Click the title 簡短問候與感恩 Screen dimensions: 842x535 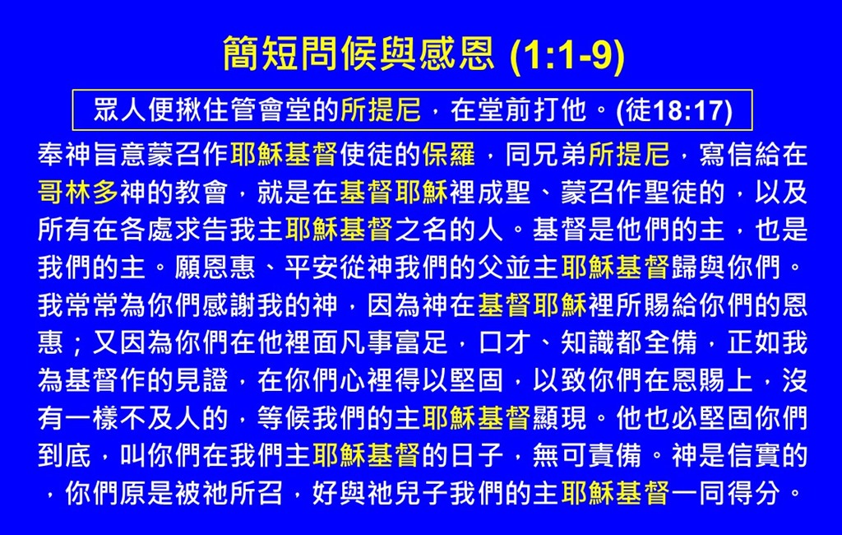pos(359,53)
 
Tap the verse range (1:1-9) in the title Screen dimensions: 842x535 pos(567,55)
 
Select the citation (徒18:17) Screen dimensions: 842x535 pos(674,110)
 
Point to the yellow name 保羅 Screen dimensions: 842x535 pos(449,154)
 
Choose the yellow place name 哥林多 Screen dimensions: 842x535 pos(78,192)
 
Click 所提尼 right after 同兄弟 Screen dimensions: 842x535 pos(629,154)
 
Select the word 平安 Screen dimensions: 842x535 pos(312,267)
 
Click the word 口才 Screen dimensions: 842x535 pos(505,342)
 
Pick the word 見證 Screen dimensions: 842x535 pos(202,380)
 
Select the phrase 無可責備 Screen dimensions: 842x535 pos(587,455)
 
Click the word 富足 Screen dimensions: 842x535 pos(422,342)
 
